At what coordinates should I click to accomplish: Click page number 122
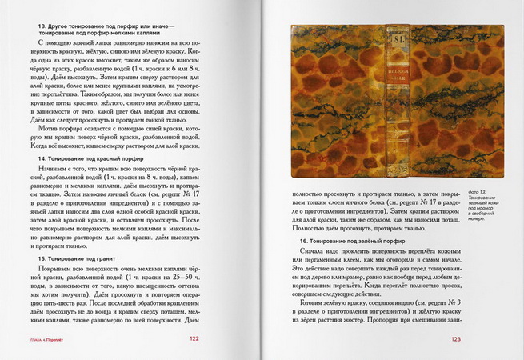pyautogui.click(x=194, y=338)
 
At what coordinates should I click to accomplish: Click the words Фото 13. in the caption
pyautogui.click(x=474, y=193)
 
